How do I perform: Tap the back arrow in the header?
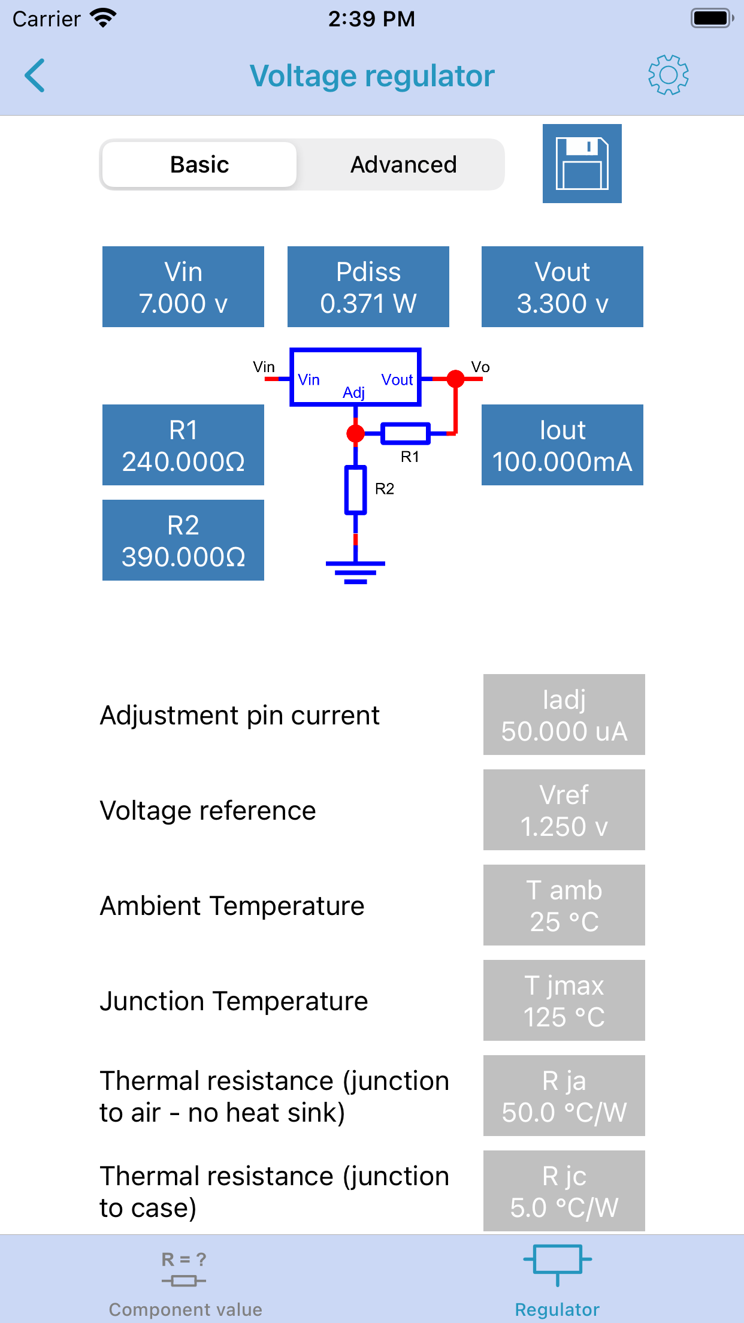pyautogui.click(x=35, y=75)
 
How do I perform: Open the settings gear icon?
pyautogui.click(x=668, y=75)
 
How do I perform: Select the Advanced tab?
pyautogui.click(x=403, y=164)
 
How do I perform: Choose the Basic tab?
pyautogui.click(x=199, y=164)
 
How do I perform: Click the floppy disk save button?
pyautogui.click(x=582, y=164)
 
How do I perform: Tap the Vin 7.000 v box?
pyautogui.click(x=183, y=286)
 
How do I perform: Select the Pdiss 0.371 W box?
pyautogui.click(x=368, y=286)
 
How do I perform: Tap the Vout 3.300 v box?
pyautogui.click(x=562, y=286)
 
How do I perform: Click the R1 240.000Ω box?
pyautogui.click(x=183, y=445)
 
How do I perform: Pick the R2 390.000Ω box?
pyautogui.click(x=183, y=540)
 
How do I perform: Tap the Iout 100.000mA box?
pyautogui.click(x=562, y=445)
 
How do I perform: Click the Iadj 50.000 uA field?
pyautogui.click(x=564, y=714)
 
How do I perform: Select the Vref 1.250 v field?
pyautogui.click(x=564, y=809)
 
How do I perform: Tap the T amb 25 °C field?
pyautogui.click(x=564, y=905)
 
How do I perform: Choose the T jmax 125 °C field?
pyautogui.click(x=564, y=1000)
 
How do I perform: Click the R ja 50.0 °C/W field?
pyautogui.click(x=564, y=1095)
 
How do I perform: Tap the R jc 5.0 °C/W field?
pyautogui.click(x=564, y=1191)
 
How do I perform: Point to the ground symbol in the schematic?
pyautogui.click(x=355, y=572)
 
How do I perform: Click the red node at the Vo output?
pyautogui.click(x=456, y=379)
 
